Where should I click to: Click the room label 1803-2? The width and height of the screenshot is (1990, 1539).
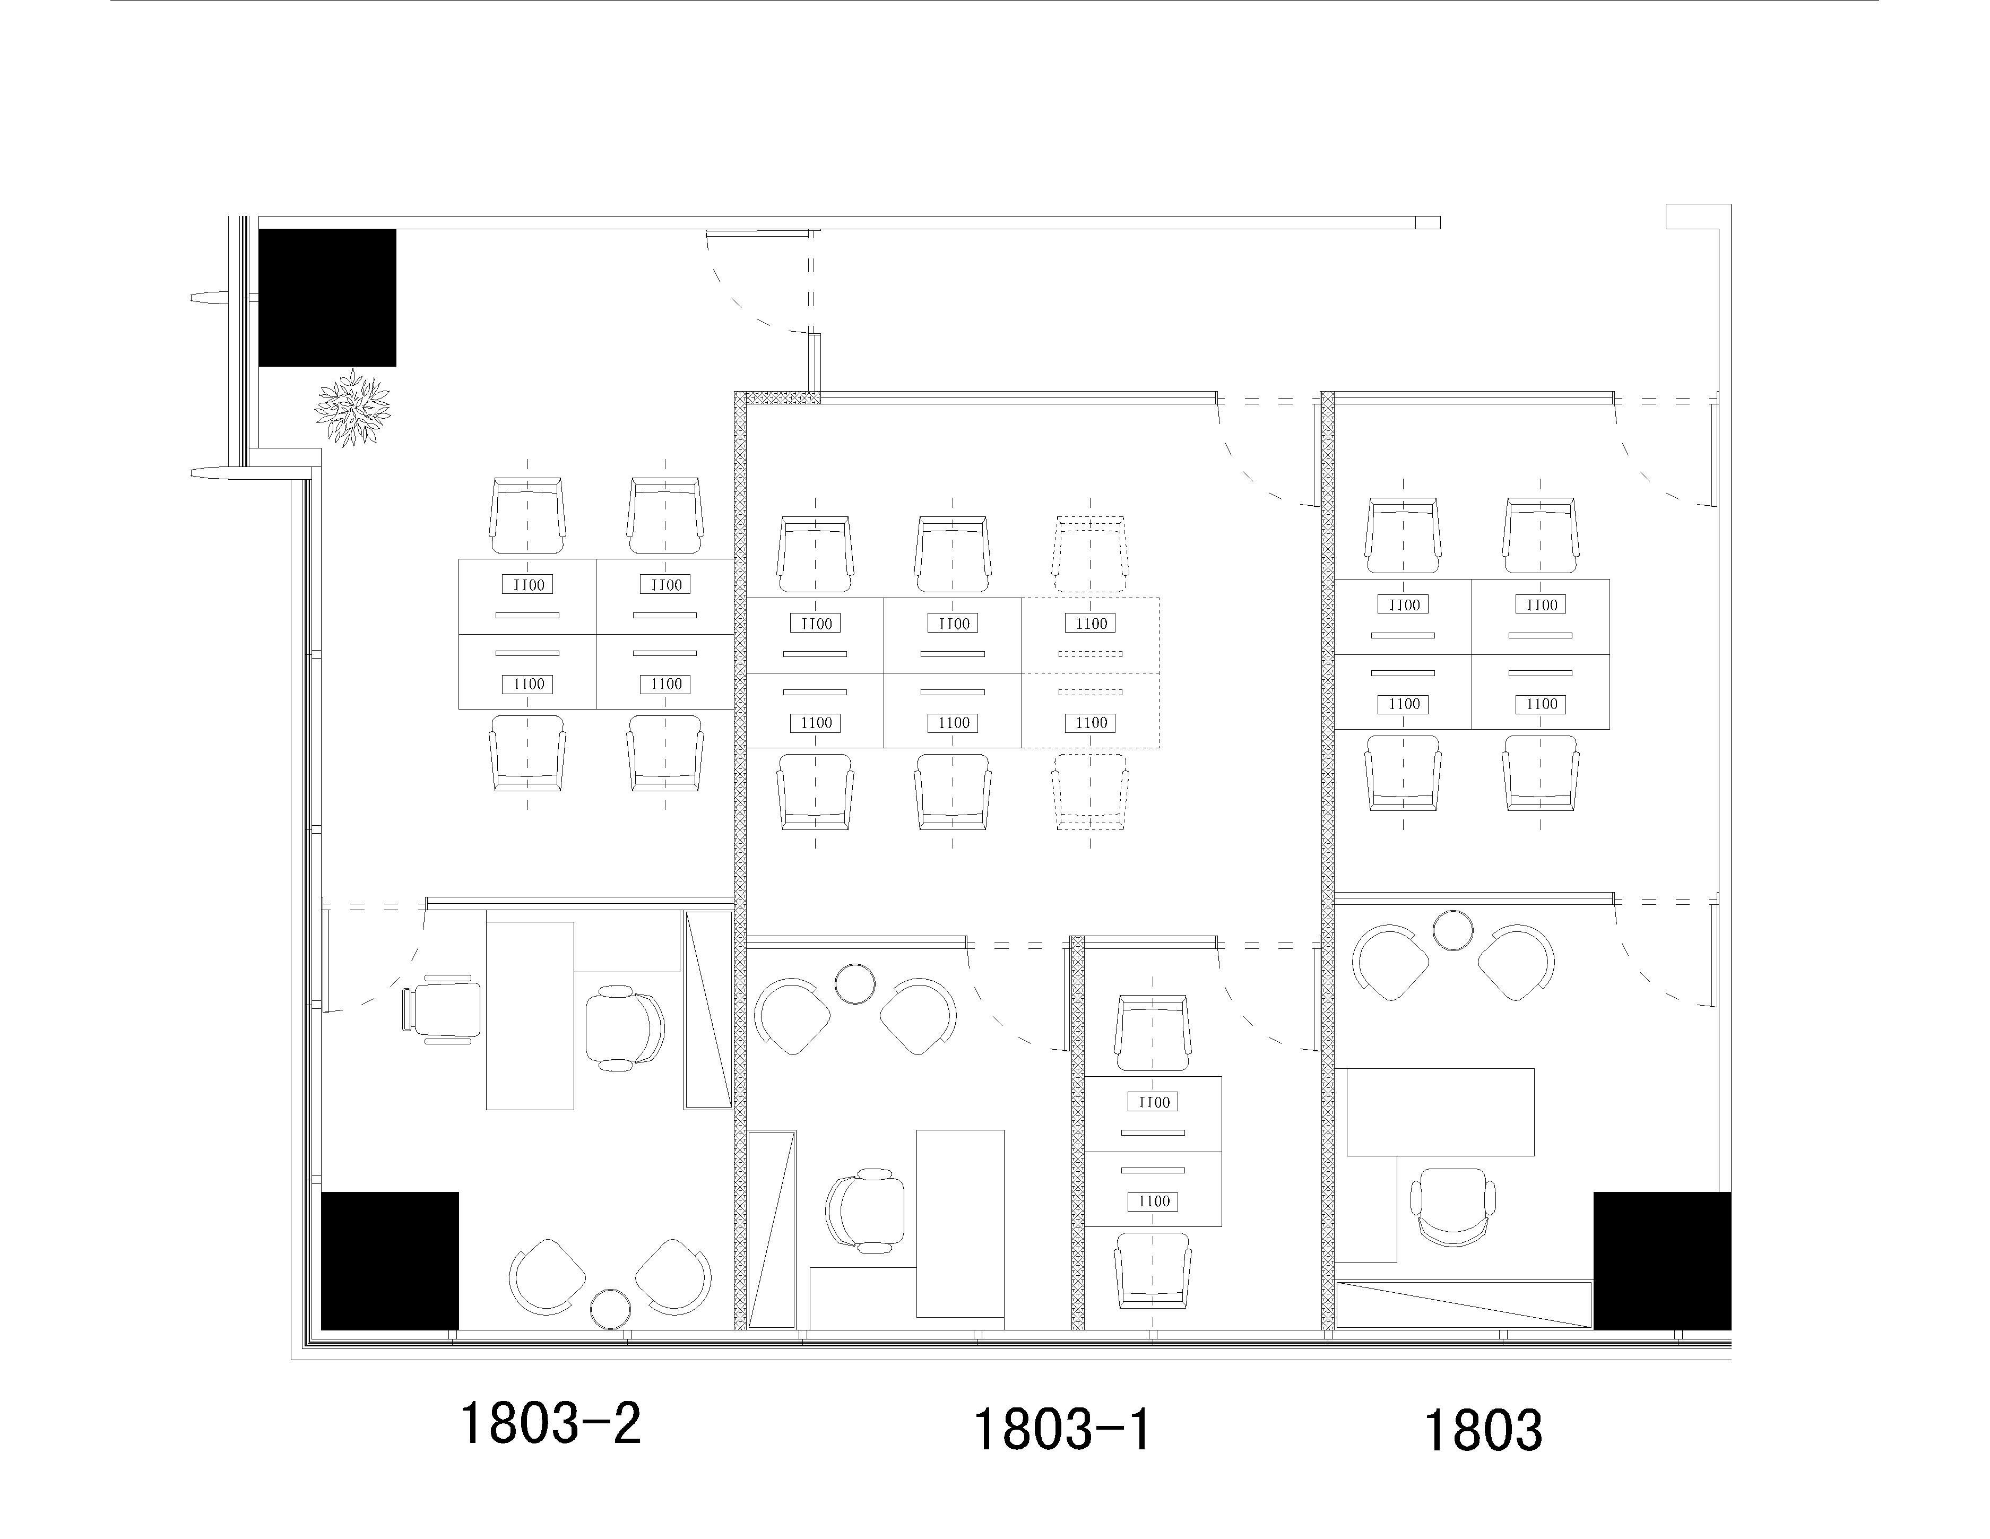tap(550, 1423)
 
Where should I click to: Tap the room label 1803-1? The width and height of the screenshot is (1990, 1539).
tap(1062, 1429)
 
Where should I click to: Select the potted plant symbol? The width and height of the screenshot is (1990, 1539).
tap(352, 407)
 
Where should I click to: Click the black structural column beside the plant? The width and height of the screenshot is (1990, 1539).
tap(327, 298)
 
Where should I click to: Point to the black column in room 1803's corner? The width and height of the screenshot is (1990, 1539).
tap(1662, 1261)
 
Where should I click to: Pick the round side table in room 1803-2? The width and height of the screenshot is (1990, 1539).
tap(610, 1309)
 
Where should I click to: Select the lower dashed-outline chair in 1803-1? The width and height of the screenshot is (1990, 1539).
tap(1091, 791)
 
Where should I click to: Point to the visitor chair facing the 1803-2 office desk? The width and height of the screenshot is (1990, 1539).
tap(442, 1009)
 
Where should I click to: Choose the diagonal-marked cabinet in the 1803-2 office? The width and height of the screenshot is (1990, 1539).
tap(708, 1009)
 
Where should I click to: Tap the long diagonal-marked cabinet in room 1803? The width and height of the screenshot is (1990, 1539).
tap(1464, 1305)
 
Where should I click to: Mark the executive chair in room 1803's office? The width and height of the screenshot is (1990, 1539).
tap(1453, 1206)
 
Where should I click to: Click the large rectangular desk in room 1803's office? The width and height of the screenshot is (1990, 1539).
tap(1441, 1112)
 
